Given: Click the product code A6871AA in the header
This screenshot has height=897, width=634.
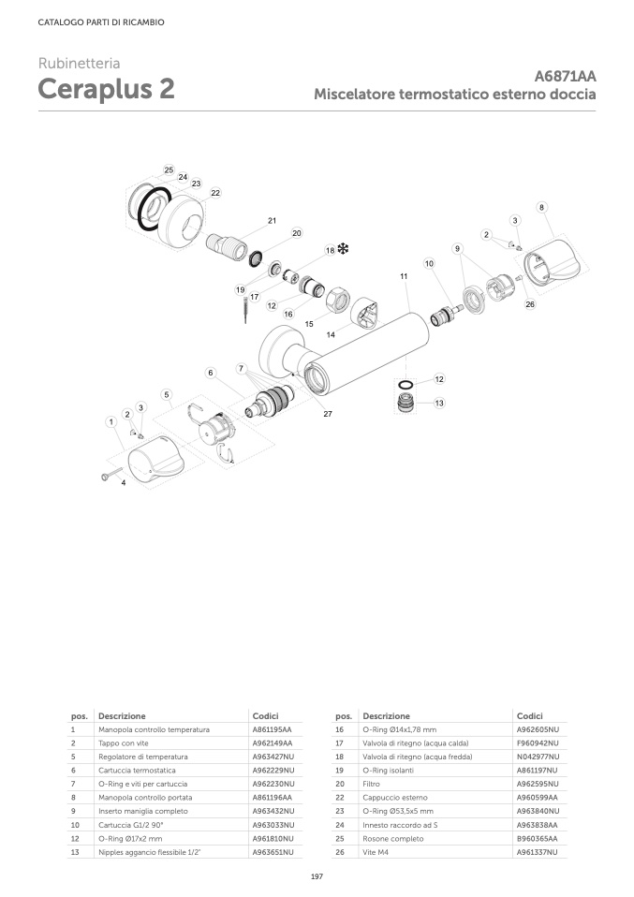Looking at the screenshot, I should [x=565, y=77].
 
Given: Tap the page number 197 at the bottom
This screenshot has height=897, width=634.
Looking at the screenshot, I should [x=317, y=875].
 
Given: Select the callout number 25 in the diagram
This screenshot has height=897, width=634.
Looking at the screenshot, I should [x=169, y=170].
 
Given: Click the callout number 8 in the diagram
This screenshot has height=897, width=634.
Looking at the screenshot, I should [x=541, y=206].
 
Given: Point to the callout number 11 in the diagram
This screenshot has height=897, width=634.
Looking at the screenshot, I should [x=404, y=277].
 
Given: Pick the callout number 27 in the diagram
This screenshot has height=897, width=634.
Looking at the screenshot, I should [x=328, y=414].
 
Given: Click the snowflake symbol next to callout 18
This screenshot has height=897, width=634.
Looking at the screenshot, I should [x=344, y=250].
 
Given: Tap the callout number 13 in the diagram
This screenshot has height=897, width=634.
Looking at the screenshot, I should [x=438, y=403].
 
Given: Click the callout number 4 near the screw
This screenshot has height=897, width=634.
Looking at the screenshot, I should [x=124, y=482].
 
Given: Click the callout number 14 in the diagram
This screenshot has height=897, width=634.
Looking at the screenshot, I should [x=330, y=334].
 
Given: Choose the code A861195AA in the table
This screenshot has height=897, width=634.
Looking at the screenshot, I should [x=272, y=728].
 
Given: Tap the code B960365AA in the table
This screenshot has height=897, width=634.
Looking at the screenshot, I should [x=538, y=839].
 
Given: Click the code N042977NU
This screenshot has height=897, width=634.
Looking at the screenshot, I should [x=538, y=756].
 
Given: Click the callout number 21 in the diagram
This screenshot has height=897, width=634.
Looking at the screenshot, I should [x=272, y=221].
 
